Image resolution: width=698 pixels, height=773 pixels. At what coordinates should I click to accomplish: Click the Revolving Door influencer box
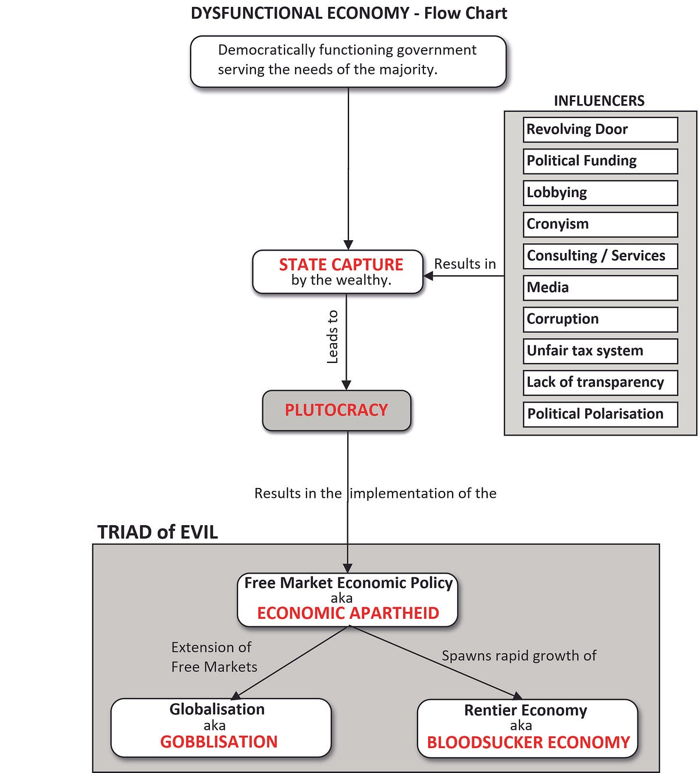[x=600, y=130]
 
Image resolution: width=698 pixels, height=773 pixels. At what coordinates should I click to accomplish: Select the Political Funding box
[x=600, y=162]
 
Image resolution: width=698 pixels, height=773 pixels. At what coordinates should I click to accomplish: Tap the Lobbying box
[x=600, y=193]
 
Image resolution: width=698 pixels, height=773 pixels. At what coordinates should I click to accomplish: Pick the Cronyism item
[x=600, y=225]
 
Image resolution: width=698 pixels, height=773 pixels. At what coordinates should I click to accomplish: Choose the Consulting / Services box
[x=600, y=257]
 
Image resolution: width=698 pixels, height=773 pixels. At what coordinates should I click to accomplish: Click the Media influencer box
[x=600, y=288]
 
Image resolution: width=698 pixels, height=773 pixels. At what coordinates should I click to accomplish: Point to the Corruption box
[x=600, y=319]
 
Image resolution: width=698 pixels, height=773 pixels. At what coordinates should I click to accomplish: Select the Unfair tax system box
[x=600, y=351]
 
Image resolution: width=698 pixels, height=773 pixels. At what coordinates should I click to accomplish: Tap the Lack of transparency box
[x=600, y=383]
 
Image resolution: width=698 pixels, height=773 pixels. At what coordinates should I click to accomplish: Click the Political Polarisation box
[x=600, y=414]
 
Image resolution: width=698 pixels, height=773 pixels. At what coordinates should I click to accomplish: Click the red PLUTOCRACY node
[x=336, y=410]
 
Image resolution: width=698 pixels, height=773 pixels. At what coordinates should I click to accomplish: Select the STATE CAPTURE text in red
[x=341, y=265]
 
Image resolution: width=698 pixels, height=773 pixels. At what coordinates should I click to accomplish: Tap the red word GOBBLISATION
[x=219, y=742]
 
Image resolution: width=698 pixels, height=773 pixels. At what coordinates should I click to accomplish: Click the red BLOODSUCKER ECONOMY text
[x=528, y=743]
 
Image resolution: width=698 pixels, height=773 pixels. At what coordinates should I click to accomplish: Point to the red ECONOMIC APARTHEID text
[x=348, y=613]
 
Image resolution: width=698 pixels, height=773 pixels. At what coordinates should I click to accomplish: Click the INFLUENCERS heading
[x=599, y=101]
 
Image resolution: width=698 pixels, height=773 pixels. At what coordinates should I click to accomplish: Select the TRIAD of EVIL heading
[x=157, y=532]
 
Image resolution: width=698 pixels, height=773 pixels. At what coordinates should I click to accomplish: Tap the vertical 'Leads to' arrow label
[x=332, y=337]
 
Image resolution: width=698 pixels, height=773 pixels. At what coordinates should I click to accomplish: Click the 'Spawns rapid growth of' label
[x=519, y=656]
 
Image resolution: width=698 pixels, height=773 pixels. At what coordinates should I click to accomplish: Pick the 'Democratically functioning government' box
[x=348, y=62]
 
